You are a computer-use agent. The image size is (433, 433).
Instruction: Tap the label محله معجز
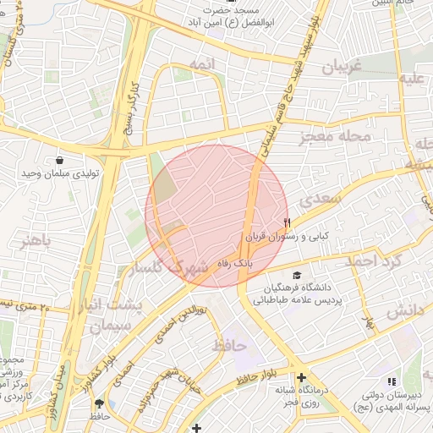335,136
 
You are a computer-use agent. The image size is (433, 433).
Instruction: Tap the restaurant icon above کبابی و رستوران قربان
288,223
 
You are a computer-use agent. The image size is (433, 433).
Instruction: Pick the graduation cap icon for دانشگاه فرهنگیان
297,276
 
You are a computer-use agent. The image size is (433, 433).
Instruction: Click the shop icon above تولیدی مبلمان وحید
59,160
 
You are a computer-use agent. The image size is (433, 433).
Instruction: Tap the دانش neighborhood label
404,312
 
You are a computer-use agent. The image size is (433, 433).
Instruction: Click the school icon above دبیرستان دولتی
391,382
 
